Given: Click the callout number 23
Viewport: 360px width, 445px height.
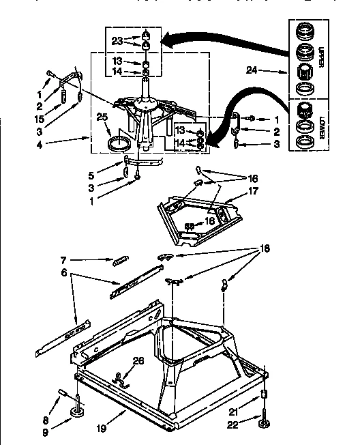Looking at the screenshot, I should tap(117, 40).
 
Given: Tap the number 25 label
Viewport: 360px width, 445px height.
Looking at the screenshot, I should tap(103, 117).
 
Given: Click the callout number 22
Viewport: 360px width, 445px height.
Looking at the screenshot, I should tap(232, 425).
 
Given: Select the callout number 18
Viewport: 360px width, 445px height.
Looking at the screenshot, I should tap(258, 249).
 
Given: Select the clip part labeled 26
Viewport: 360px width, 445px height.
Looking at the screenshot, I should tap(123, 377).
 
